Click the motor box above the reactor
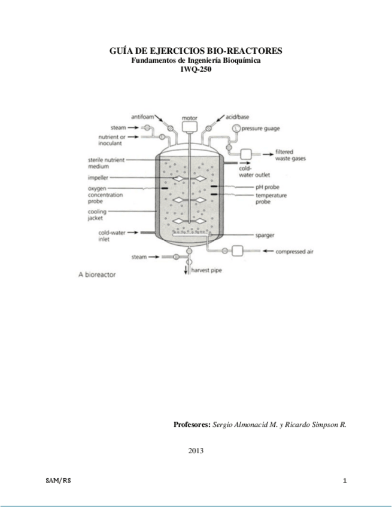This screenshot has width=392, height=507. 189,127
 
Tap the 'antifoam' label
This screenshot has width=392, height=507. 144,116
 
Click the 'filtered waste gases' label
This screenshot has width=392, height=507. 291,155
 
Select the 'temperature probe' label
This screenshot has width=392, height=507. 271,199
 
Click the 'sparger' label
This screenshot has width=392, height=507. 265,235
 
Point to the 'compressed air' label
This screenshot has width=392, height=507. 294,252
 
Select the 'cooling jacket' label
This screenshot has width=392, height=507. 97,215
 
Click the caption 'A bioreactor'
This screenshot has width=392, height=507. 97,276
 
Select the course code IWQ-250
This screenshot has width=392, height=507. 196,69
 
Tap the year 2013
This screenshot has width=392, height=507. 196,450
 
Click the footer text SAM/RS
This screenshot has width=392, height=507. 57,481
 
